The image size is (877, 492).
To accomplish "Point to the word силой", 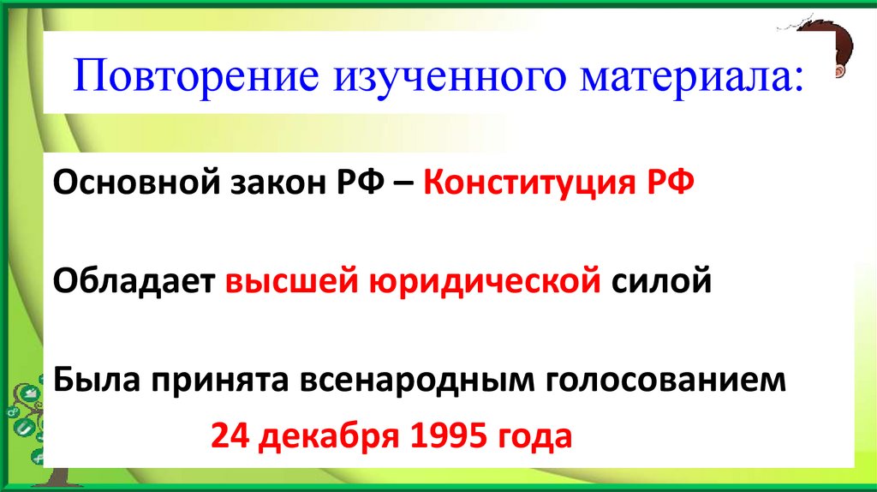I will (x=661, y=280).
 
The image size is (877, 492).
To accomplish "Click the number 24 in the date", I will (x=229, y=437).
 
